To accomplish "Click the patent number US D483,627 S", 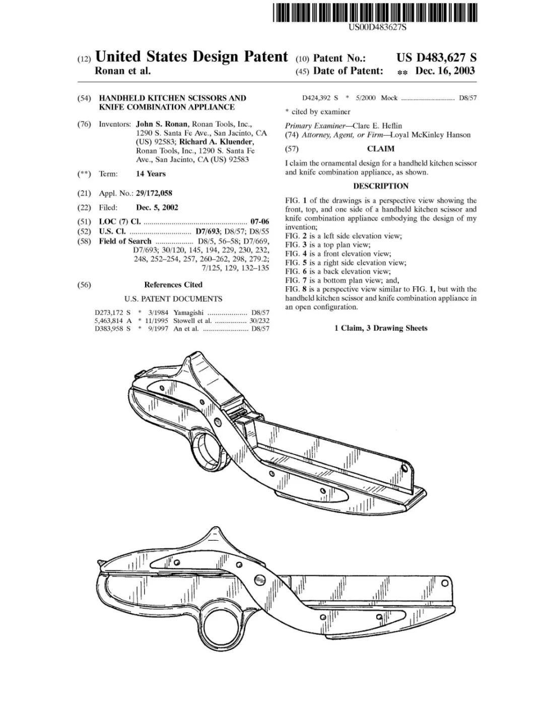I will coord(436,58).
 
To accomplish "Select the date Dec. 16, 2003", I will coord(445,71).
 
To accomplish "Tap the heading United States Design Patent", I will coord(191,56).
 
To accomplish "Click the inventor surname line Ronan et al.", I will coord(123,71).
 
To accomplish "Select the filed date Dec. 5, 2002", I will coord(157,207).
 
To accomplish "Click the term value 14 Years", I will coord(151,174).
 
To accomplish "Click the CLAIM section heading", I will coord(380,149).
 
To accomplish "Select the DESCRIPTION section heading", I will coord(381,186).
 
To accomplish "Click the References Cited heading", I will coord(173,285).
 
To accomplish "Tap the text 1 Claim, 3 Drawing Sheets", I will coord(381,328).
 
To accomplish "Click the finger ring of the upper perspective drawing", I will coord(208,445).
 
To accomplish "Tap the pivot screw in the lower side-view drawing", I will coord(260,578).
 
